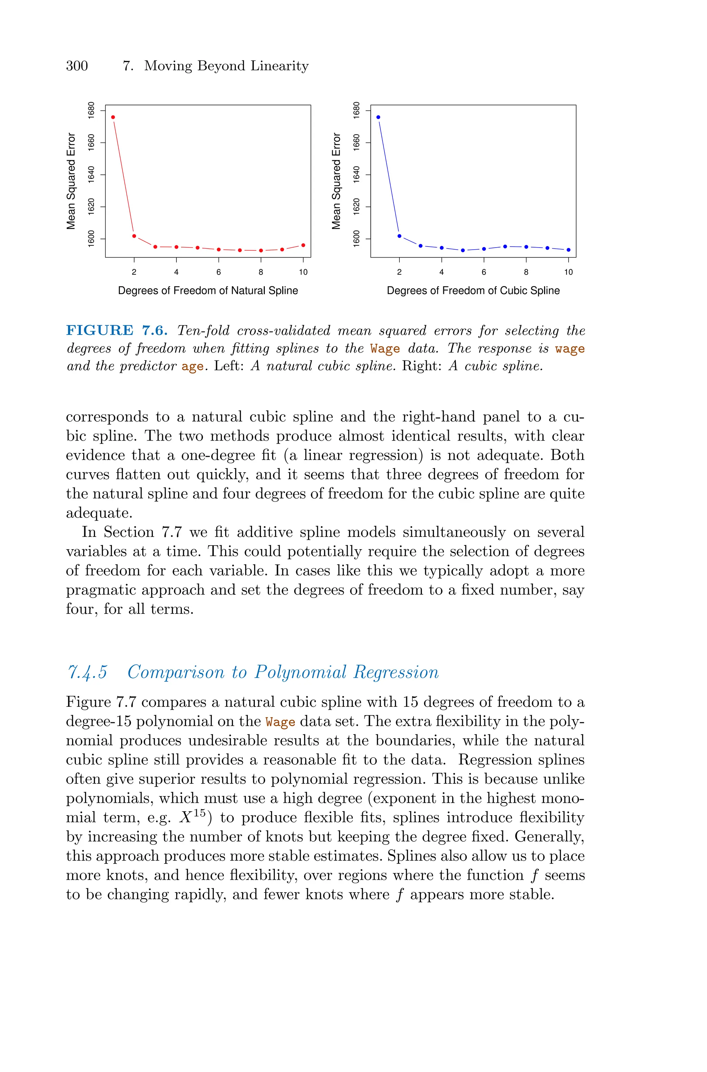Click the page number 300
coord(77,66)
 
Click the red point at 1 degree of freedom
coord(113,117)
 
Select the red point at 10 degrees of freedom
coord(303,245)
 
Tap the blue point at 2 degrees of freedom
coord(399,236)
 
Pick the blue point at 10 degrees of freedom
coord(568,250)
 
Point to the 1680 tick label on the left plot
coord(91,110)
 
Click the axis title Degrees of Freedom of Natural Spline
coord(208,291)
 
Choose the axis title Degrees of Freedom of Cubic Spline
coord(473,291)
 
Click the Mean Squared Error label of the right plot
coord(336,181)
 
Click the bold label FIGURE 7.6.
coord(117,330)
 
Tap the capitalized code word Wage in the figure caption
coord(385,349)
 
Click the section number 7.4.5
coord(87,672)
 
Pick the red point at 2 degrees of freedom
coord(134,236)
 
